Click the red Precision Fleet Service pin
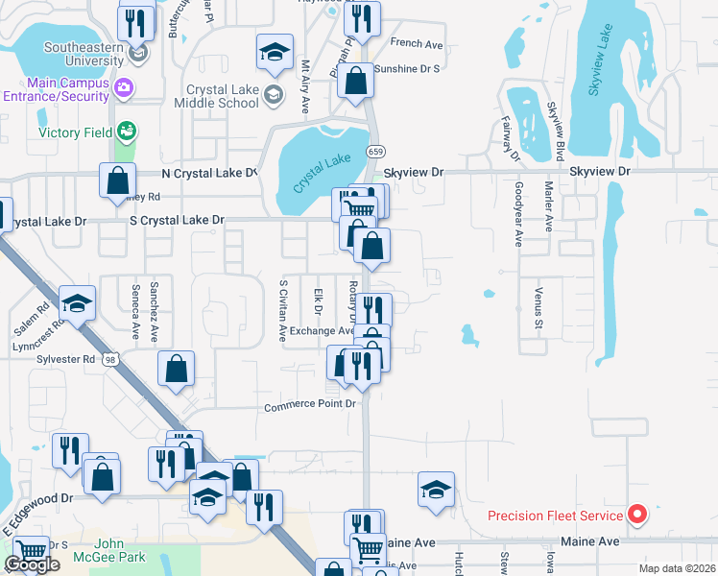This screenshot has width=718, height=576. [x=635, y=516]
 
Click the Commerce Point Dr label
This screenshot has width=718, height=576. [x=310, y=406]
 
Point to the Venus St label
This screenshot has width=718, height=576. [x=538, y=305]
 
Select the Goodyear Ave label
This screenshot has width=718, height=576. [x=518, y=215]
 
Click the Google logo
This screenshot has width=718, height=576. [x=32, y=564]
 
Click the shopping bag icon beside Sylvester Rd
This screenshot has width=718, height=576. [x=177, y=370]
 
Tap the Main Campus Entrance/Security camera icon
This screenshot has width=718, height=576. [x=123, y=88]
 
